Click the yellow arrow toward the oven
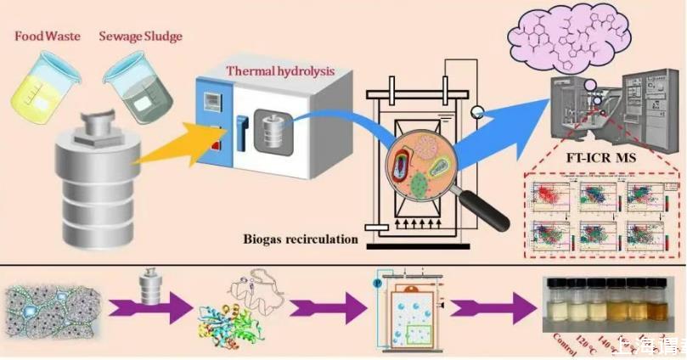tap(170, 153)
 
